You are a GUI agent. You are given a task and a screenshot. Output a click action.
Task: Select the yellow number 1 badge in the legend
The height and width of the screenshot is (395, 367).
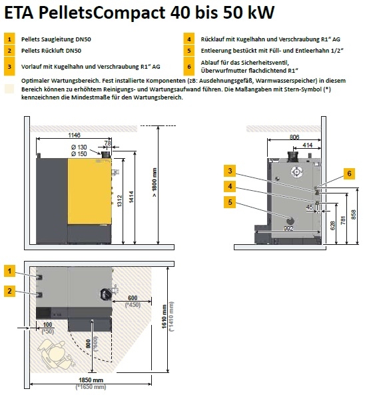[x=9, y=40]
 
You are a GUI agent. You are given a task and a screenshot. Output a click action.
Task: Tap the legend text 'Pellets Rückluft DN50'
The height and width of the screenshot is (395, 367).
[x=51, y=51]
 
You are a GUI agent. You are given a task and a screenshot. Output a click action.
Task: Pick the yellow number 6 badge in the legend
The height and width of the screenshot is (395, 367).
[x=190, y=67]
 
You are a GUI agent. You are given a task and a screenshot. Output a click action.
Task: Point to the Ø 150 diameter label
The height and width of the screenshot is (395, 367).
[x=79, y=154]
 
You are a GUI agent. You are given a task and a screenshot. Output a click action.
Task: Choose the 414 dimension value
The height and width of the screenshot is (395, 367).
[x=308, y=144]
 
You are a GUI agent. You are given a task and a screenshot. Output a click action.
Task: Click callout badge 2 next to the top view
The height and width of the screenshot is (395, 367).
[x=9, y=290]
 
